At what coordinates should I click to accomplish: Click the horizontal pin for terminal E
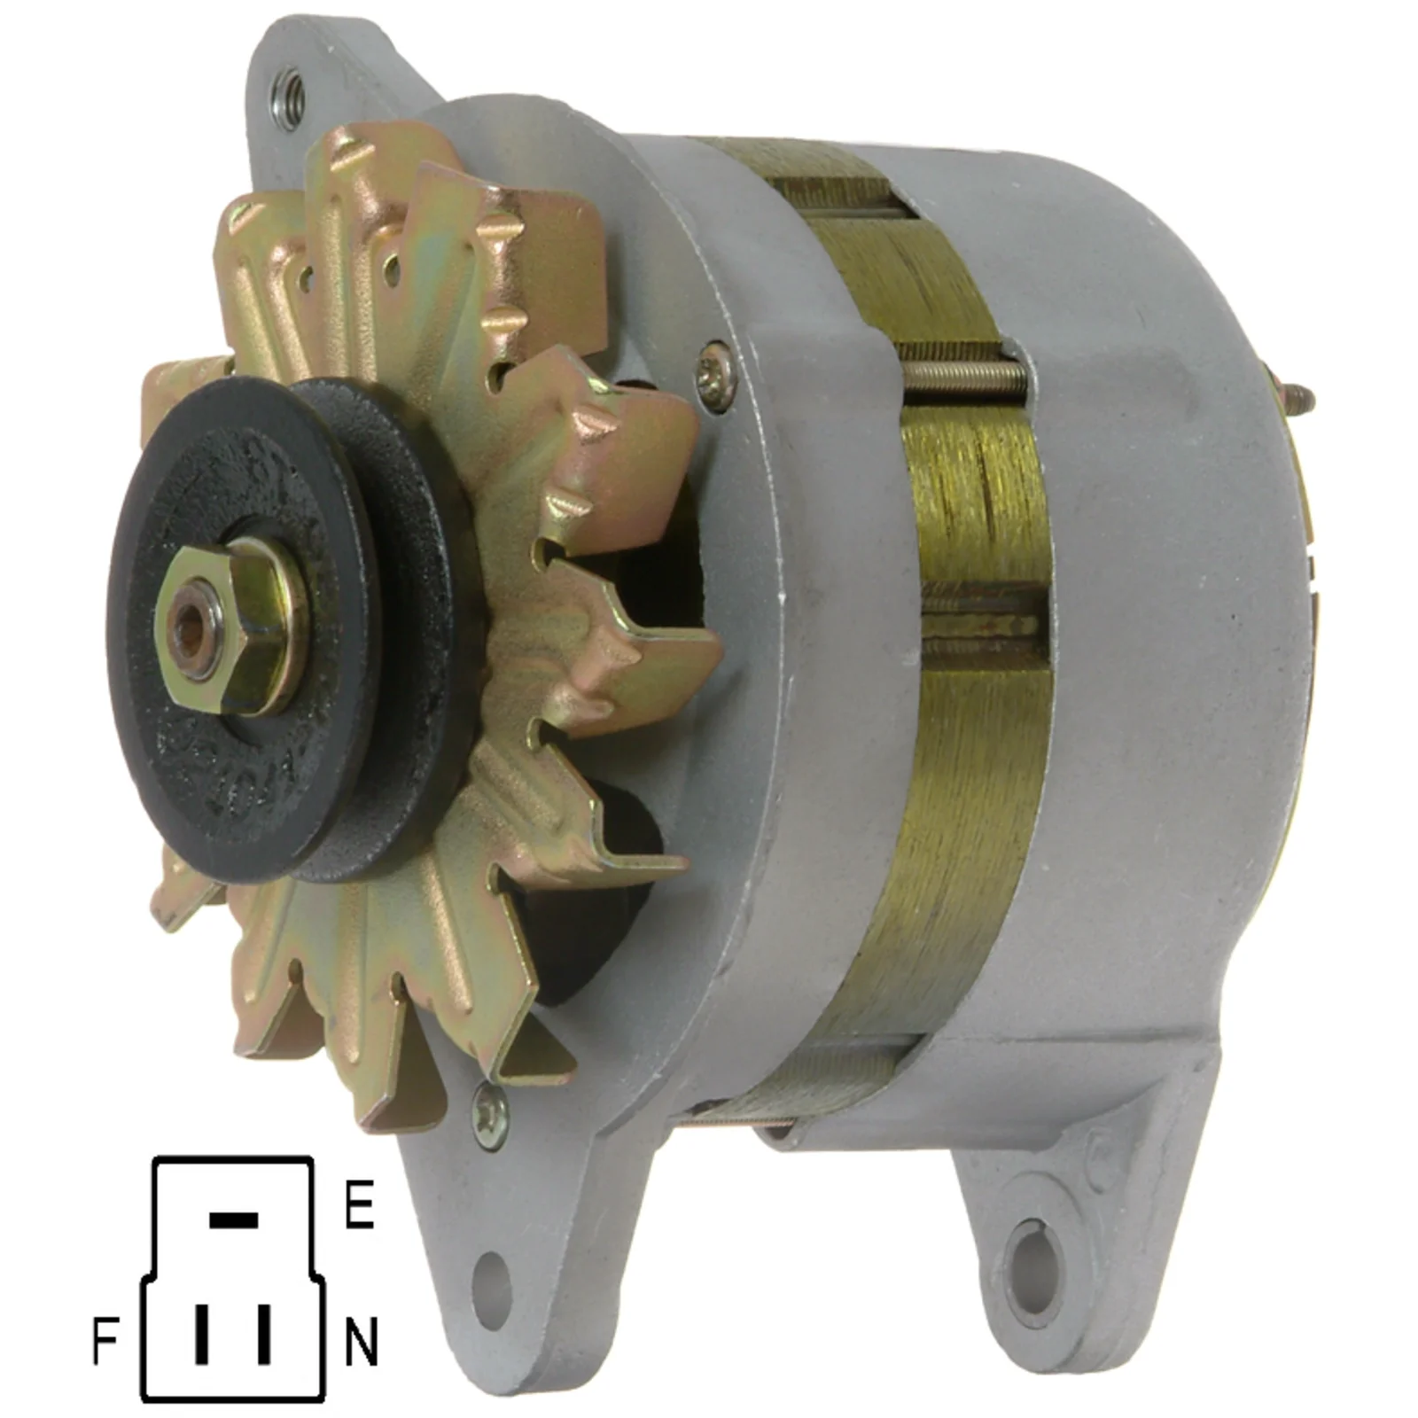(233, 1220)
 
